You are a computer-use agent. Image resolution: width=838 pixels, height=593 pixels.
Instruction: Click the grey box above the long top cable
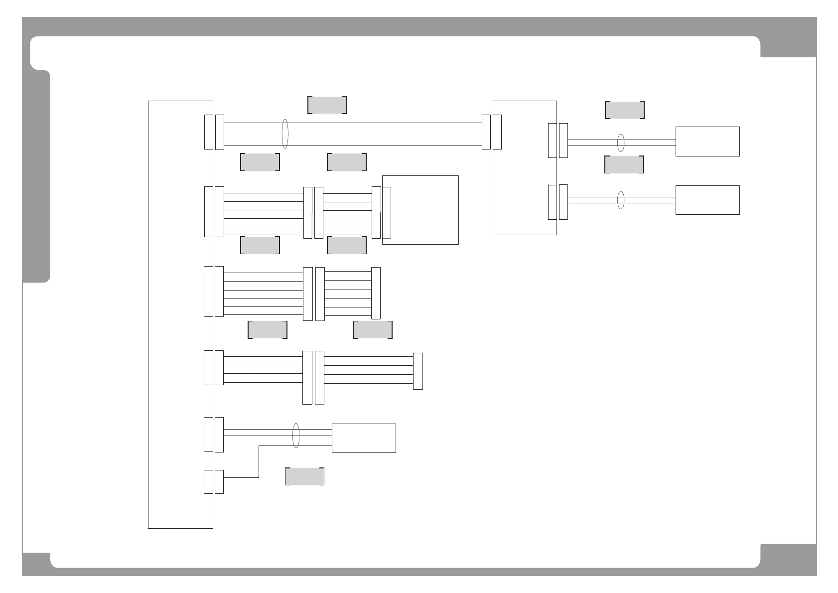coord(327,105)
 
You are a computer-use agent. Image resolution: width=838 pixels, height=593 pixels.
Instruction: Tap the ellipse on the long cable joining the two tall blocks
coord(285,134)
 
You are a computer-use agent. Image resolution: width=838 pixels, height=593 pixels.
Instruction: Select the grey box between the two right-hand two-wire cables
coord(624,164)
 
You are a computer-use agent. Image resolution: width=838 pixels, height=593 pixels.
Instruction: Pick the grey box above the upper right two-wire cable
coord(624,110)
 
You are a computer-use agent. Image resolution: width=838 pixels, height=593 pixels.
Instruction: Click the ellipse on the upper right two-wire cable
coord(621,143)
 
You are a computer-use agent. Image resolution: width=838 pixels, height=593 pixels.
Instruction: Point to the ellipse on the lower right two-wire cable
coord(621,200)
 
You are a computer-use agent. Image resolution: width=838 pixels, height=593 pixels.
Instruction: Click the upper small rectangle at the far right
coord(707,142)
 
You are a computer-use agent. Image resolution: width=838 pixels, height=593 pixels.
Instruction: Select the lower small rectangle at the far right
coord(707,200)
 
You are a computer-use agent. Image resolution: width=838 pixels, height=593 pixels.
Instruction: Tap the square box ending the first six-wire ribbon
coord(420,210)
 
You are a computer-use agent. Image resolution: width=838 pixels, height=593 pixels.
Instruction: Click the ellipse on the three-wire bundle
coord(296,436)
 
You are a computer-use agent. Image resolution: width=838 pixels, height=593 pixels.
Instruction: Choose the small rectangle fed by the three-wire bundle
coord(364,438)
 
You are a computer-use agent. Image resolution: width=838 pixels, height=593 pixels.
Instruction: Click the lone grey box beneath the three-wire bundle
coord(304,476)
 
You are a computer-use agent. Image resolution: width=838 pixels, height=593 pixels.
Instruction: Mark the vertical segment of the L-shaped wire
coord(259,461)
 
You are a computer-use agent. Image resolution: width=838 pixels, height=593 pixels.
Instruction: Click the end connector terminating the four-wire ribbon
coord(418,371)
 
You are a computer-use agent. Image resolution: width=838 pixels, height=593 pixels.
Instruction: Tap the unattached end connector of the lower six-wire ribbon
coord(376,293)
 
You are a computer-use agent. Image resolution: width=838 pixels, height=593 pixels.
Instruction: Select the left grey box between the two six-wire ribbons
coord(260,245)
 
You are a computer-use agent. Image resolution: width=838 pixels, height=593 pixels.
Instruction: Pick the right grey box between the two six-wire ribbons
coord(346,245)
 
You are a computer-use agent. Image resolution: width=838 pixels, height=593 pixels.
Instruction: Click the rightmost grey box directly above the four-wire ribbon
coord(372,330)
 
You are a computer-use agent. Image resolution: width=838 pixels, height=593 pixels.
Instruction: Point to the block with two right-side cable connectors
coord(524,167)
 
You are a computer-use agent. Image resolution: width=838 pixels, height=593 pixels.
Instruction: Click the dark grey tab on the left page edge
coord(36,177)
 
